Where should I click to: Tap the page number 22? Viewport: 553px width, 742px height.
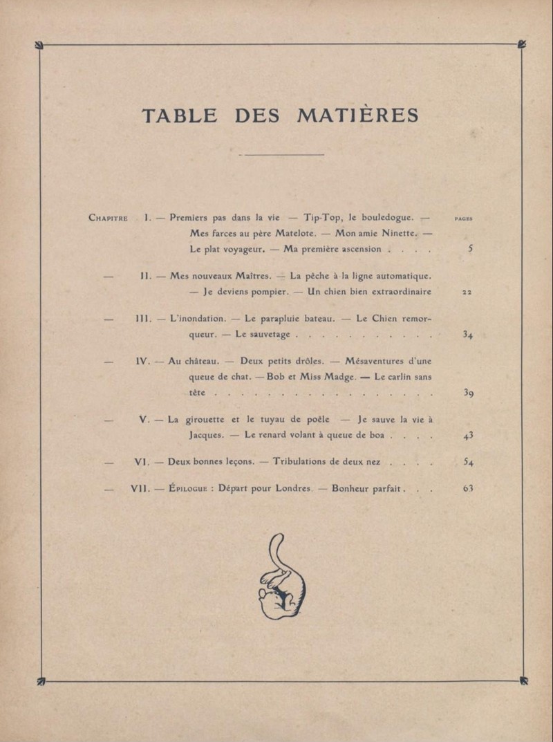pyautogui.click(x=467, y=292)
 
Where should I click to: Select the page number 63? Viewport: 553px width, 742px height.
pyautogui.click(x=468, y=488)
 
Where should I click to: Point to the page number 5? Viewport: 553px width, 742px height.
pyautogui.click(x=470, y=249)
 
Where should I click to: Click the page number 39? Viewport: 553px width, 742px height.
pyautogui.click(x=468, y=393)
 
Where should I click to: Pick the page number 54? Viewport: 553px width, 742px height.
pyautogui.click(x=468, y=462)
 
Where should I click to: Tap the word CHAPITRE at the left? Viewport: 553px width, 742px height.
pyautogui.click(x=109, y=217)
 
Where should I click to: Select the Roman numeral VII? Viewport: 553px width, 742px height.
pyautogui.click(x=141, y=488)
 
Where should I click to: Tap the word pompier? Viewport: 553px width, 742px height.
pyautogui.click(x=265, y=291)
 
